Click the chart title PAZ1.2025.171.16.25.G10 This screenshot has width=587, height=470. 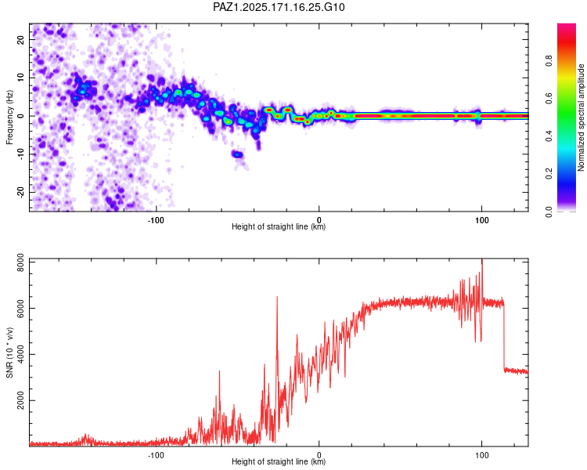(279, 7)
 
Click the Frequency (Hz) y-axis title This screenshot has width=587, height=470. (9, 117)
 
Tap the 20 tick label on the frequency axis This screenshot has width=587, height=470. (21, 40)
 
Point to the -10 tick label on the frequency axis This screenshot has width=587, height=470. (21, 154)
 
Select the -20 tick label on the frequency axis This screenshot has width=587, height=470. (21, 192)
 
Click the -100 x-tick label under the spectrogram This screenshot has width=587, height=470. (156, 220)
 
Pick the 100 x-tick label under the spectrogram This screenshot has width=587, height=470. (482, 220)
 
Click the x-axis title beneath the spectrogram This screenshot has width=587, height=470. (279, 226)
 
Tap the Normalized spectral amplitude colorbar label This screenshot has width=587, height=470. (581, 117)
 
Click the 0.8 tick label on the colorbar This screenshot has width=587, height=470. (549, 60)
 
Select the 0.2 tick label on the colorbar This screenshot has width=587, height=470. (549, 174)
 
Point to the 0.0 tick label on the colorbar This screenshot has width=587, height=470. (549, 211)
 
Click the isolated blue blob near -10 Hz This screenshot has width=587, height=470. (237, 154)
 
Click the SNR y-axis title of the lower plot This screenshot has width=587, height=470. (9, 352)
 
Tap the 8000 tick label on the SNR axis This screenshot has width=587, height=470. (21, 262)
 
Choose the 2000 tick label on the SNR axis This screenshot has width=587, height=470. (21, 400)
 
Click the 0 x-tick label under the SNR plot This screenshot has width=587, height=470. (319, 455)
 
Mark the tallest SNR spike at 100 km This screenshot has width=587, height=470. (482, 260)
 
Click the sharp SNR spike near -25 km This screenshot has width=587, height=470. (277, 297)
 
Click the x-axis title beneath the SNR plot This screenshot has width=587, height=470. (279, 461)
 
